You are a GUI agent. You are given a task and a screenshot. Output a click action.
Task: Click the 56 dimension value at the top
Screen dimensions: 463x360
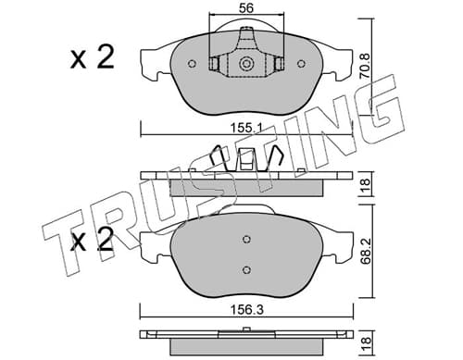coord(246,8)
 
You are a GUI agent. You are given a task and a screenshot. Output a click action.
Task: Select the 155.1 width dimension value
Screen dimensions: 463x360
coord(246,128)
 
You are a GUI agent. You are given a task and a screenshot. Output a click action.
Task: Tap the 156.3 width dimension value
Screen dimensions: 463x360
coord(247,310)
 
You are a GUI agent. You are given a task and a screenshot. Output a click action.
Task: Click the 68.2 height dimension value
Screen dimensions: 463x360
coord(365,250)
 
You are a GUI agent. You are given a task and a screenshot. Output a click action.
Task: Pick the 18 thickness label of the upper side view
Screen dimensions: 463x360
coord(365,184)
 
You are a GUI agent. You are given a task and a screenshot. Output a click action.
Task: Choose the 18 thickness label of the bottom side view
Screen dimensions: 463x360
coord(365,341)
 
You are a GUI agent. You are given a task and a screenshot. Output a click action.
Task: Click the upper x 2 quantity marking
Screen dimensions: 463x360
coord(92,57)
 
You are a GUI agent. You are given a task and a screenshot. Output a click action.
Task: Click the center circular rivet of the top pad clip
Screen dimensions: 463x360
coord(246,64)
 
